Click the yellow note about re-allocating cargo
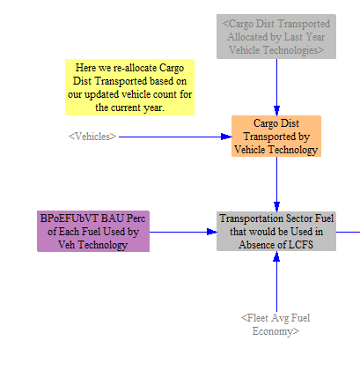point(129,87)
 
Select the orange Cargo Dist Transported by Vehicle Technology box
point(276,136)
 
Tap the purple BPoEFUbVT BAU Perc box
point(93,231)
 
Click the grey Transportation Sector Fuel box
point(276,231)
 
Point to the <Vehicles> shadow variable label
point(92,137)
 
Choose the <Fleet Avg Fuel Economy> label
point(276,324)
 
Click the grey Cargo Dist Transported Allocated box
point(276,36)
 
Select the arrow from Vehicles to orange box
point(175,137)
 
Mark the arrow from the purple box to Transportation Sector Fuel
point(183,232)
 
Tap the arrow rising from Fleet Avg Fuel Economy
point(276,281)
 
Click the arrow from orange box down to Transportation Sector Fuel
point(276,184)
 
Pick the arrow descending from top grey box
point(276,87)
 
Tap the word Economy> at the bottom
point(276,331)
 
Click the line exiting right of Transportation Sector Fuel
point(348,232)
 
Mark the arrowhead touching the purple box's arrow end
point(212,232)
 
